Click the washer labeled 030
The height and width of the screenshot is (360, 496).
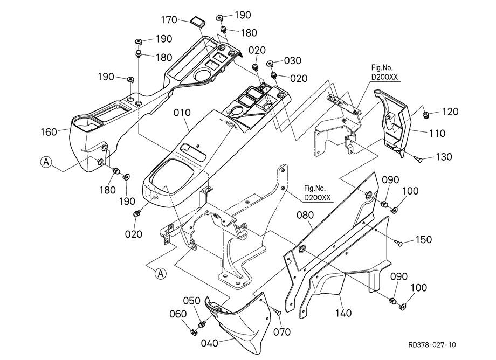click(x=271, y=63)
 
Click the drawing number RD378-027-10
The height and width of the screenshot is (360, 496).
click(x=431, y=344)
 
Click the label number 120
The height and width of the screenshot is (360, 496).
click(x=450, y=112)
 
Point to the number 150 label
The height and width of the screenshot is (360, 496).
click(x=423, y=239)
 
